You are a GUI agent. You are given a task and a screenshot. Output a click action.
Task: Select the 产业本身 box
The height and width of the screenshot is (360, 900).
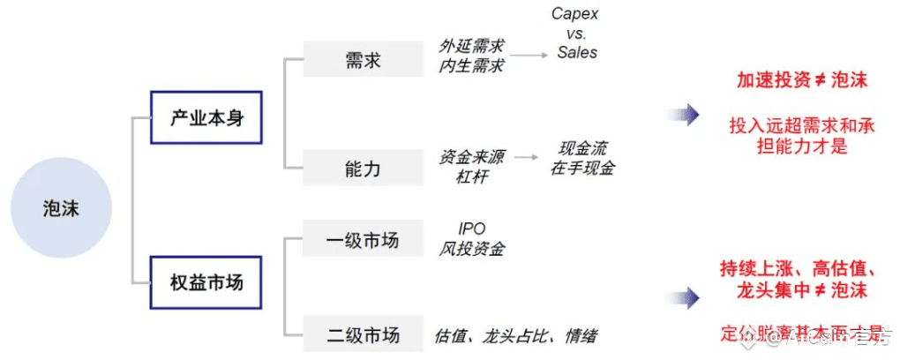pyautogui.click(x=206, y=116)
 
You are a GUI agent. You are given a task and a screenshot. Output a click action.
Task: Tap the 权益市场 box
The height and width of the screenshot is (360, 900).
pyautogui.click(x=206, y=282)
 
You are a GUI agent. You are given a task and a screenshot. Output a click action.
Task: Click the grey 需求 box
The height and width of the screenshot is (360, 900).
pyautogui.click(x=363, y=60)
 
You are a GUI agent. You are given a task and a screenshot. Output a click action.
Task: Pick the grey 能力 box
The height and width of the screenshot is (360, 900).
pyautogui.click(x=363, y=168)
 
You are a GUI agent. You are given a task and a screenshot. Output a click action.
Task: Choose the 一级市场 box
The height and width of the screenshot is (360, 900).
pyautogui.click(x=363, y=239)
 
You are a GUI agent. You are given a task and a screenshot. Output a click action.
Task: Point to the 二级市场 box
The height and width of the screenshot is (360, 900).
pyautogui.click(x=363, y=334)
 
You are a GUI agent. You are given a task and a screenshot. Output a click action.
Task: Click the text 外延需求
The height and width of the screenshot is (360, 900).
pyautogui.click(x=472, y=46)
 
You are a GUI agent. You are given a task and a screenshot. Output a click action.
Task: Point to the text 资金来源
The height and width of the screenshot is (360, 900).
pyautogui.click(x=472, y=157)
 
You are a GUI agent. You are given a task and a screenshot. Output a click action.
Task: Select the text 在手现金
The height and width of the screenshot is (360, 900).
pyautogui.click(x=582, y=168)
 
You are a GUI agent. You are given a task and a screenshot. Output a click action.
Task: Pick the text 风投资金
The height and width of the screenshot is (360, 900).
pyautogui.click(x=472, y=249)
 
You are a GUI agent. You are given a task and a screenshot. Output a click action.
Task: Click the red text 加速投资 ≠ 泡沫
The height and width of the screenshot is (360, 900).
pyautogui.click(x=801, y=80)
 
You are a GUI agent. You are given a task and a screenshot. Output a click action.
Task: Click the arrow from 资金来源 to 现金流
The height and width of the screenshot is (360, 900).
pyautogui.click(x=527, y=158)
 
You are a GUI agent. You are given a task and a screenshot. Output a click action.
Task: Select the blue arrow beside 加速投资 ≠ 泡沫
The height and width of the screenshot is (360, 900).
pyautogui.click(x=684, y=115)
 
